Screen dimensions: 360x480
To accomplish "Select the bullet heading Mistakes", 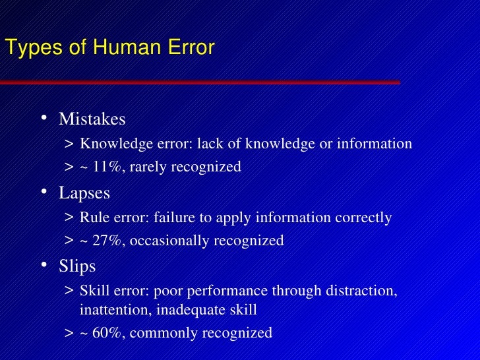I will [92, 119].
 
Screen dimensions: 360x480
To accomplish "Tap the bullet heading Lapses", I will [84, 193].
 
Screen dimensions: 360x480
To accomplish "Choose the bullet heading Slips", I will [77, 266].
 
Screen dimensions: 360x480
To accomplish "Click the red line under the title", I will [198, 82].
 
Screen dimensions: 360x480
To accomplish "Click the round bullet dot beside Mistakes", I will [43, 119].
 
